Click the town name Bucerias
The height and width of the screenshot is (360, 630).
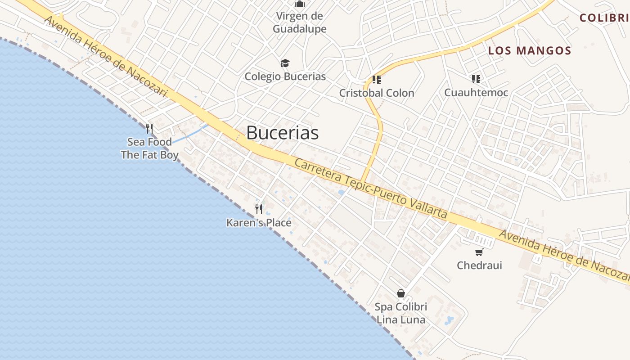click(282, 133)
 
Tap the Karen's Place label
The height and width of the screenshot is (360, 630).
click(259, 223)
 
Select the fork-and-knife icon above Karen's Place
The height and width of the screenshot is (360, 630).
click(259, 209)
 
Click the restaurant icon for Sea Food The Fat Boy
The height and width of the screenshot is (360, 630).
click(149, 129)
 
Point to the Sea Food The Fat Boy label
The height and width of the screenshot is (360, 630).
click(149, 148)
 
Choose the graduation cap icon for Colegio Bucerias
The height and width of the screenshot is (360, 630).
click(285, 63)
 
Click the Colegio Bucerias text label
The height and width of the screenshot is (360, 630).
click(285, 76)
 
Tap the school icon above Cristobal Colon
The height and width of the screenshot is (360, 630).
click(377, 80)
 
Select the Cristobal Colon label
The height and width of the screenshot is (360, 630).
click(377, 93)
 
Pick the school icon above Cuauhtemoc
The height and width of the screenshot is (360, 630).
click(476, 79)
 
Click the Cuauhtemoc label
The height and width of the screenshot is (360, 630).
click(476, 93)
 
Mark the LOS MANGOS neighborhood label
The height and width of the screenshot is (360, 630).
click(530, 51)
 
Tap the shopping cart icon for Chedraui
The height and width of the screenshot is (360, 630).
click(479, 252)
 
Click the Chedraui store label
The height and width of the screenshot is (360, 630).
click(479, 265)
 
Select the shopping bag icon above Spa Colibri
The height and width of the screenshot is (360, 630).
click(401, 293)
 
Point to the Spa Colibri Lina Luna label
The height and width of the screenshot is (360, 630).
click(401, 313)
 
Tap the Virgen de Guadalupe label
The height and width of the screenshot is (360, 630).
click(300, 22)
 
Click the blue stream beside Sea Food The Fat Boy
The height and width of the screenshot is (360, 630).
click(189, 135)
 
